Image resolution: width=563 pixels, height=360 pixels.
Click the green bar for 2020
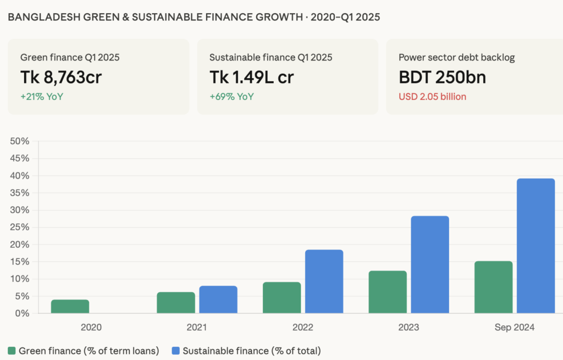pos(70,306)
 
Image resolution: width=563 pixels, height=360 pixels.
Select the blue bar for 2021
pos(218,300)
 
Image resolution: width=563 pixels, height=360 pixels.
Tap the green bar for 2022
pos(281,297)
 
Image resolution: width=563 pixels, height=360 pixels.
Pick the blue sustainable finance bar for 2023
pos(430,264)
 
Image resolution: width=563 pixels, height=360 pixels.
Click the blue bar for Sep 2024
pos(536,246)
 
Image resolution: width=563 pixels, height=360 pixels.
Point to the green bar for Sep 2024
pos(493,287)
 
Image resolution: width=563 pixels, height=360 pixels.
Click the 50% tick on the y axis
pos(20,141)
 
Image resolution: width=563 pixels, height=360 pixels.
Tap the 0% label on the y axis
pos(22,313)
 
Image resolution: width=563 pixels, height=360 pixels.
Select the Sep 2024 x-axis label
pos(514,328)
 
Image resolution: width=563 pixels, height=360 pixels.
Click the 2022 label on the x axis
pos(302,328)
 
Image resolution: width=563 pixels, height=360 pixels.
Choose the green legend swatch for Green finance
pos(12,351)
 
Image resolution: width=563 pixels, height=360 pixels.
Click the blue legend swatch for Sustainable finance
pos(176,351)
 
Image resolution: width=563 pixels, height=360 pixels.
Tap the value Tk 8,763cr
pos(61,77)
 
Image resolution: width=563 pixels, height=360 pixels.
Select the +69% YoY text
pos(231,97)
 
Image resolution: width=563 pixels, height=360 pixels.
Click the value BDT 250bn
pos(442,77)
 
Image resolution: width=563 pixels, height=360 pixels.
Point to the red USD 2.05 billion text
pos(432,97)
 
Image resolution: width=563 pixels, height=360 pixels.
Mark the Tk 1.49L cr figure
pos(252,77)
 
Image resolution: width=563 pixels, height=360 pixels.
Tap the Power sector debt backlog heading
pos(456,57)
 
